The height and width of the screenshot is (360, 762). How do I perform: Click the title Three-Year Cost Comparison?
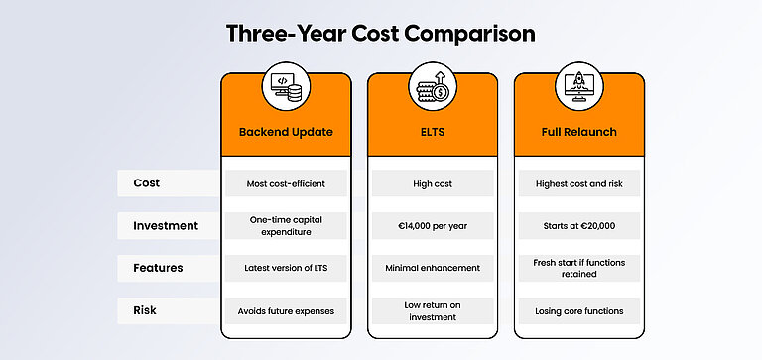[x=381, y=33]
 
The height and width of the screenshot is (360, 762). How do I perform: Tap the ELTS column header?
[x=433, y=131]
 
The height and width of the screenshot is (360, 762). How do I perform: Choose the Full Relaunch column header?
[x=578, y=131]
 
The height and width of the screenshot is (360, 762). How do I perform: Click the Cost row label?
[x=147, y=183]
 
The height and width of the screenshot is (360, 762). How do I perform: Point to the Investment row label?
[x=166, y=225]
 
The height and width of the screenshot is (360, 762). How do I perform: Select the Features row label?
[x=159, y=268]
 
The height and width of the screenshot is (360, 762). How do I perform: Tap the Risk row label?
[x=146, y=310]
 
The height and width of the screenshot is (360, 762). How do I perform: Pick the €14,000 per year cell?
[x=433, y=225]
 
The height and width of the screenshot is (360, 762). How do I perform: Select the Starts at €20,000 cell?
[x=578, y=225]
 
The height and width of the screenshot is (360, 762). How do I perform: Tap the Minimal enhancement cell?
[x=433, y=268]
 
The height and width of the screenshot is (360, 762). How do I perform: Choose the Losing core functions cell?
[x=578, y=310]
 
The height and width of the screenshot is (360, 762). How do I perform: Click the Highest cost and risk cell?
[x=578, y=183]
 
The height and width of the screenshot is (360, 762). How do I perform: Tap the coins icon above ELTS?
[x=433, y=86]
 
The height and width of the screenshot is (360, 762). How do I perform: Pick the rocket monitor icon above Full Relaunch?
[x=578, y=86]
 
